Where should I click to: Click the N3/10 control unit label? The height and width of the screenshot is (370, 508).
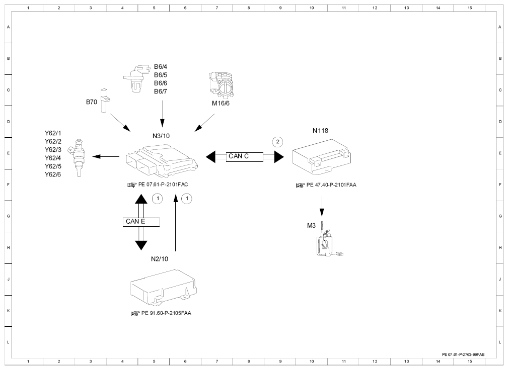pos(161,136)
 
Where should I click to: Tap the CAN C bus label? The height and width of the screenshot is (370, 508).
pos(239,156)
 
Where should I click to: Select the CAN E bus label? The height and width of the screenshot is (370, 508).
pos(135,222)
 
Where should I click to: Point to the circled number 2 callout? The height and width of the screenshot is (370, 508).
pos(277,142)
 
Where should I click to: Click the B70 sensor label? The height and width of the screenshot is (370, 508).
pos(91,102)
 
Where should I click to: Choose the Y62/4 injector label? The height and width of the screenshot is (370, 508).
pos(53,158)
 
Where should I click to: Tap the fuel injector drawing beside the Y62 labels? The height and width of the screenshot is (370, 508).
pos(77,158)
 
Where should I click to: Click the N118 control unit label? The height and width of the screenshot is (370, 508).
pos(320,131)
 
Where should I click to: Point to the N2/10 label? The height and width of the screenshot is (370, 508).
pos(160,259)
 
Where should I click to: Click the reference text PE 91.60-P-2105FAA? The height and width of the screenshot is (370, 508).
pos(166,313)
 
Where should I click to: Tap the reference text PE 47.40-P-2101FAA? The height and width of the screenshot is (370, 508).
pos(331,185)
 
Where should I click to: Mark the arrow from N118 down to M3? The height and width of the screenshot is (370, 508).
pos(322,206)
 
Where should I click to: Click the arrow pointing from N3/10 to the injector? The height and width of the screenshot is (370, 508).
pos(106,156)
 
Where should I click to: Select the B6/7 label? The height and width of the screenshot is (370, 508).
pos(161,91)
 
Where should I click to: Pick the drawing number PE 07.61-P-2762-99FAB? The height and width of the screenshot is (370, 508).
pos(463,354)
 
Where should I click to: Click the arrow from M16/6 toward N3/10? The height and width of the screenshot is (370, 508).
pos(204,123)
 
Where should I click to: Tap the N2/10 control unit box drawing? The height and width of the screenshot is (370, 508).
pos(164,287)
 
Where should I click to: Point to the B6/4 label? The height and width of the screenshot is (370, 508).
pos(161,67)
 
